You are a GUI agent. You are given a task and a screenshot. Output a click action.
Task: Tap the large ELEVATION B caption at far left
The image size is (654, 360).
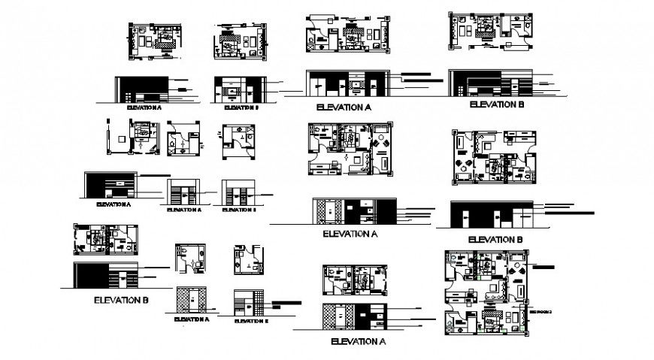[120, 300]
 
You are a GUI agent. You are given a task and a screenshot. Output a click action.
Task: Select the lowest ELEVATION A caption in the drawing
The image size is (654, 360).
[358, 341]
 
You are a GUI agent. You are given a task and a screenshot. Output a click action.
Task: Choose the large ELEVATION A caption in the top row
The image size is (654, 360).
[344, 107]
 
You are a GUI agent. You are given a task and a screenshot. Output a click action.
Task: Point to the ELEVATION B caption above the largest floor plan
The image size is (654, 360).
[495, 239]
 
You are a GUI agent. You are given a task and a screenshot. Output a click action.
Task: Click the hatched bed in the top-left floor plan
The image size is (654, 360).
[163, 36]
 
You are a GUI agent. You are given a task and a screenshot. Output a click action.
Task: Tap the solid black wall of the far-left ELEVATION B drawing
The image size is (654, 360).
[90, 275]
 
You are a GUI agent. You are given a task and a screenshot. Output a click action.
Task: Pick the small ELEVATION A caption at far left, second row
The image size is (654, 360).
[113, 204]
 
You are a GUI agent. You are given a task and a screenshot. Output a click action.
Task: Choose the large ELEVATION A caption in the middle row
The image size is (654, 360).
[349, 234]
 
